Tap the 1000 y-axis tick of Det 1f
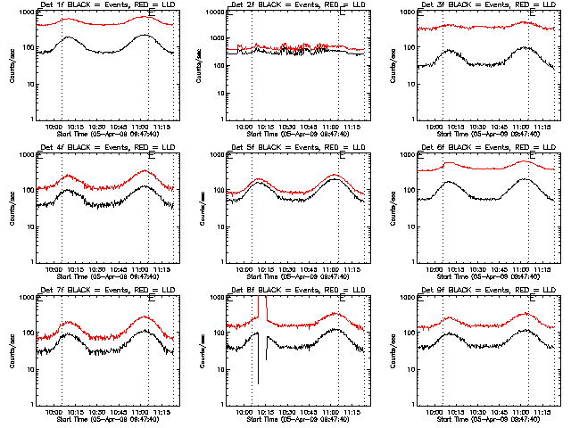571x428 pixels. [29, 13]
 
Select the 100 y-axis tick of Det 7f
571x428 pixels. [29, 334]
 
